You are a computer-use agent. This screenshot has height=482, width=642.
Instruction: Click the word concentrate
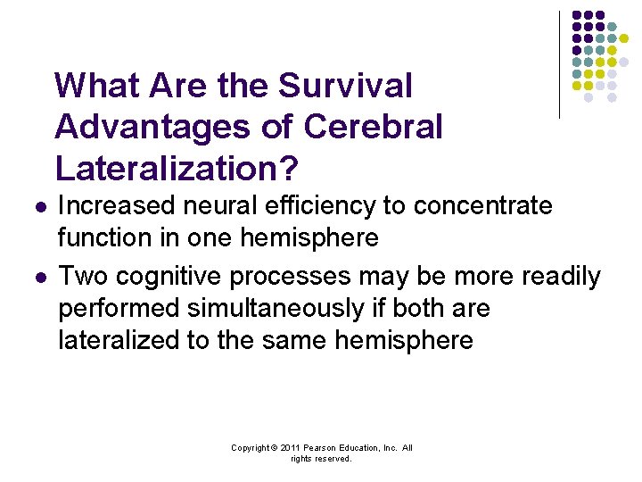(x=481, y=206)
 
